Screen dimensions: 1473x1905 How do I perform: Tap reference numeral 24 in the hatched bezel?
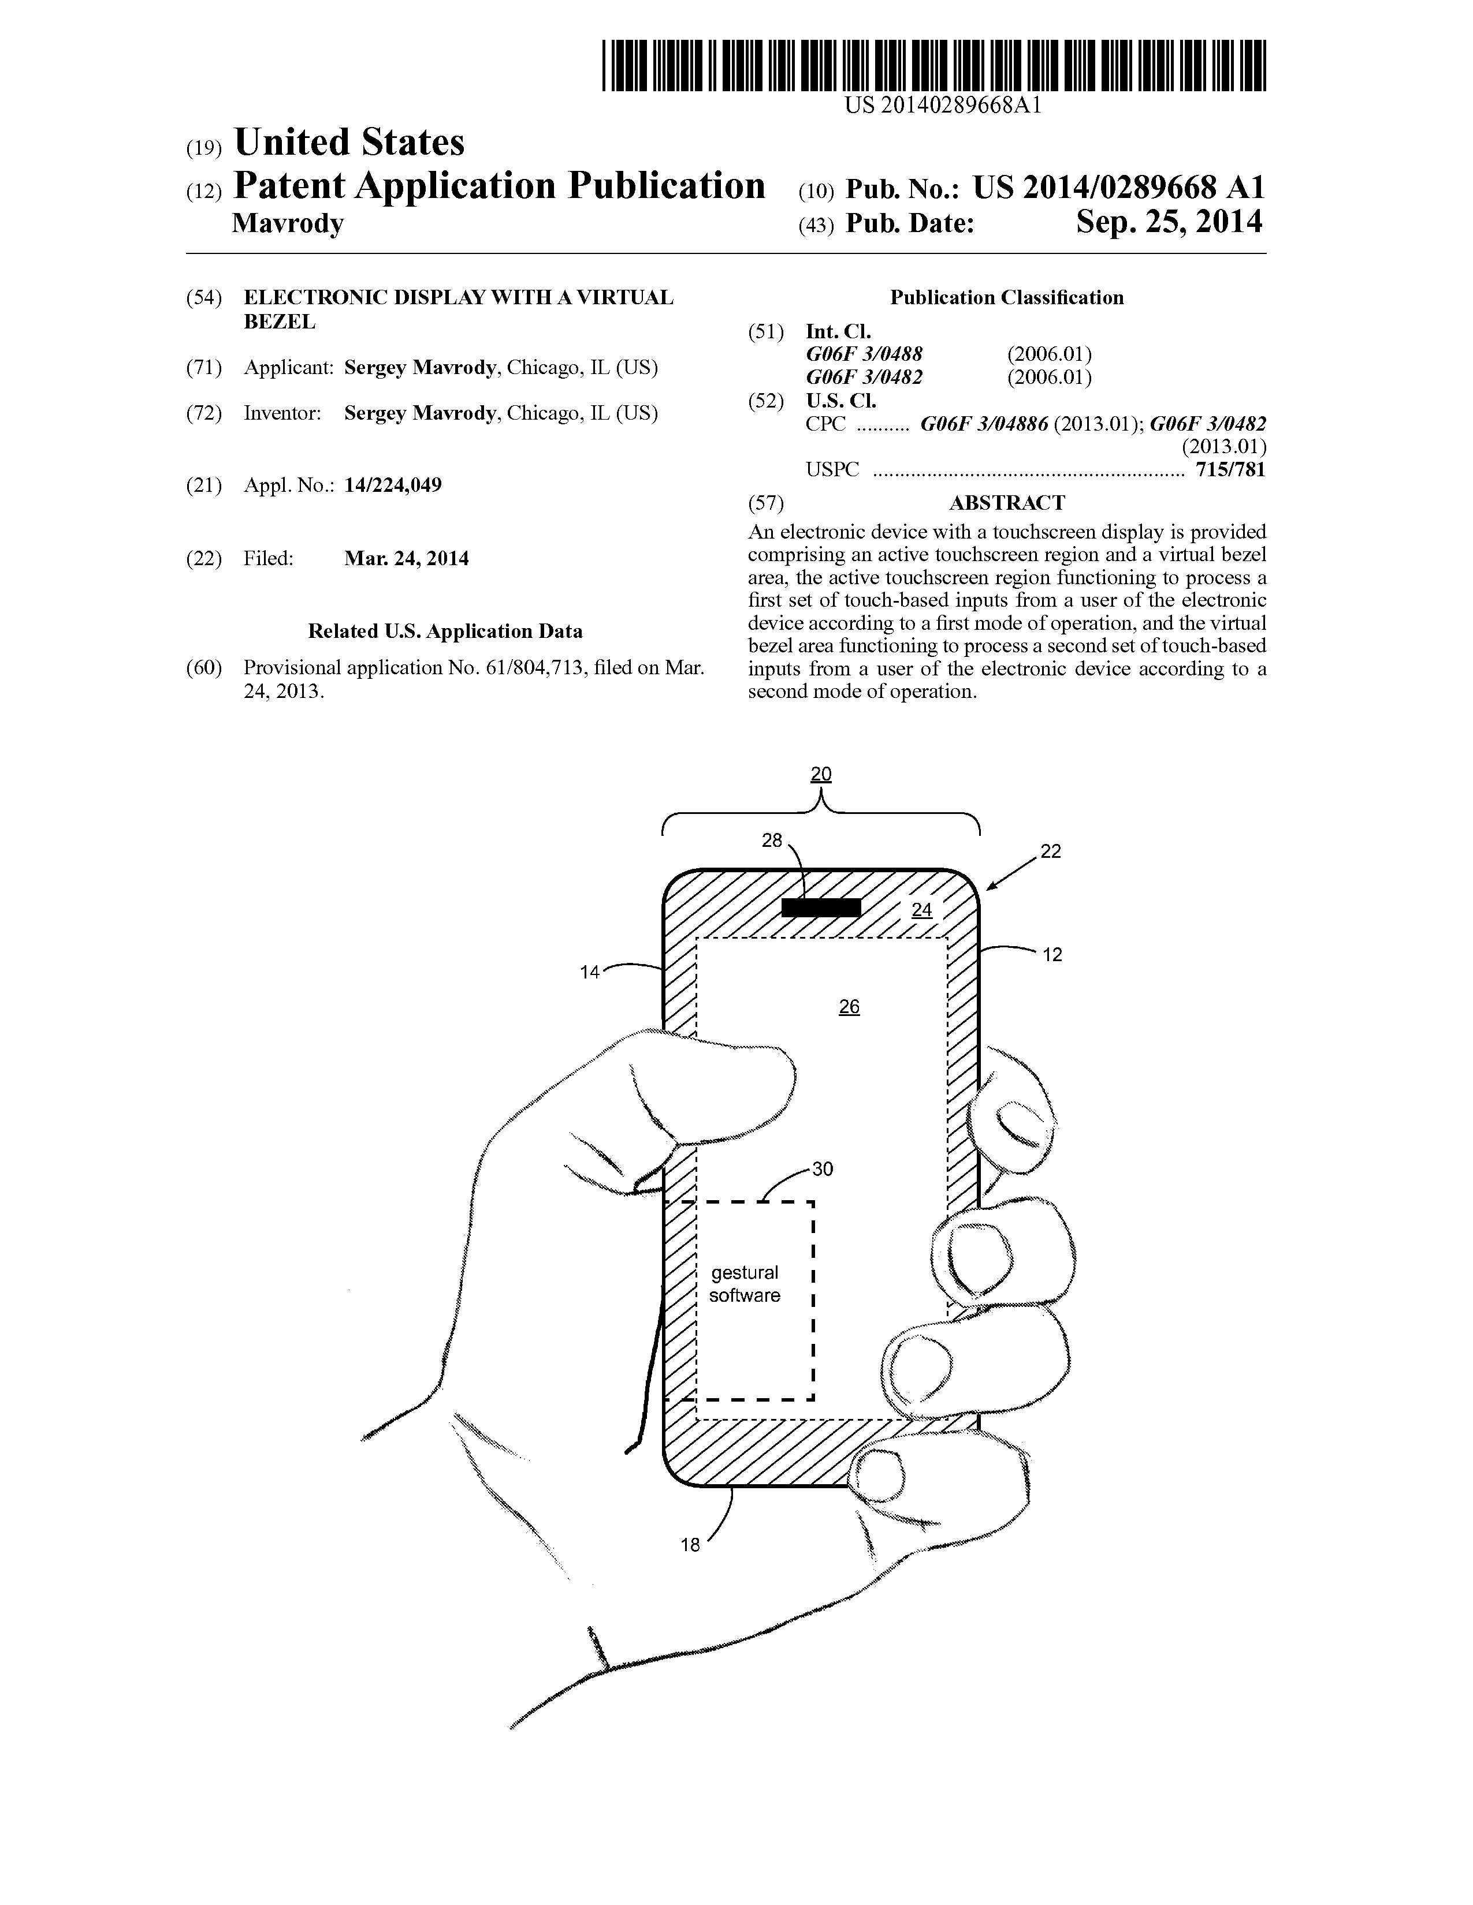tap(921, 910)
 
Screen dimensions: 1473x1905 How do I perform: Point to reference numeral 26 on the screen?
tap(849, 1007)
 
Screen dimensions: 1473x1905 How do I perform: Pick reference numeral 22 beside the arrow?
tap(1051, 851)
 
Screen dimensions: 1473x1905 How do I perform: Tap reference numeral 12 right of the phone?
tap(1052, 955)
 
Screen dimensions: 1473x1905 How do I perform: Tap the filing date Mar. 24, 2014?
tap(407, 558)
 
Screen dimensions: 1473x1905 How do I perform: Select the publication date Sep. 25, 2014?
tap(1169, 222)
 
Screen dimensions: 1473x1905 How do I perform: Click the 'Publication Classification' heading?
tap(1007, 297)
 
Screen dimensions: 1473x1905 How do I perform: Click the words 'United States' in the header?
tap(349, 142)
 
